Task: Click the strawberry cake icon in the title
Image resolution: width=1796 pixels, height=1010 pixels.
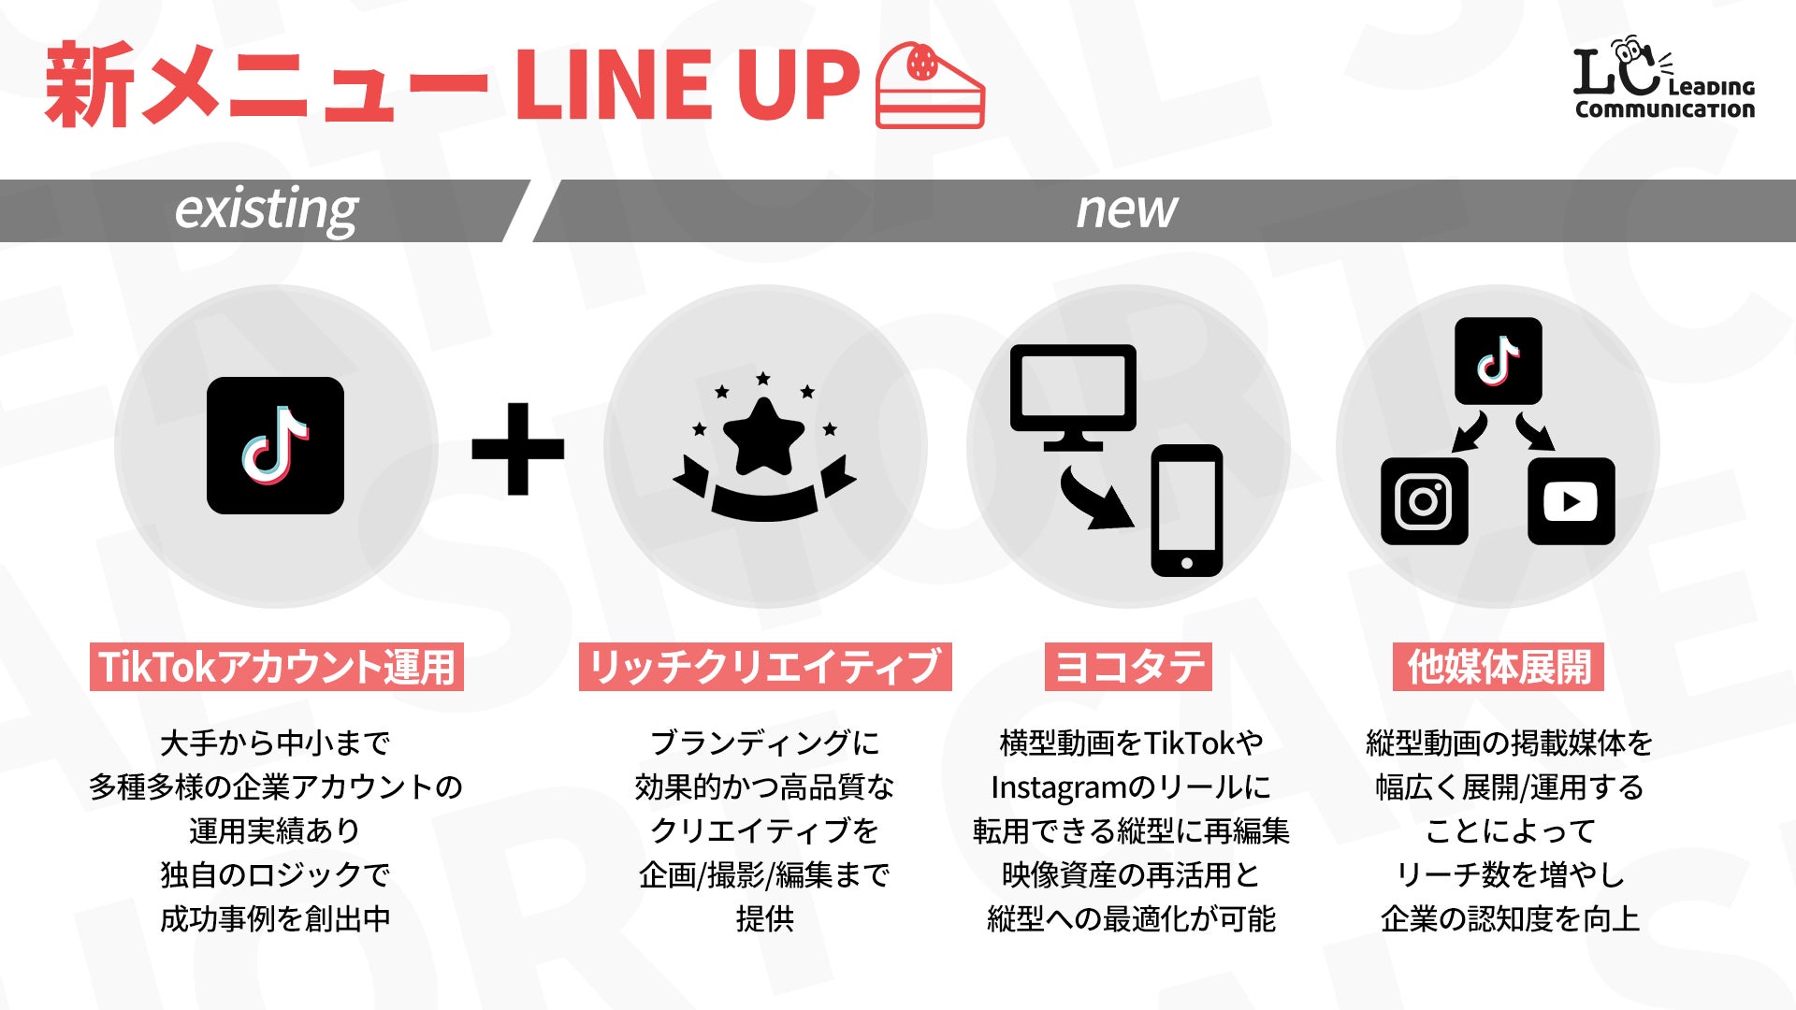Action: point(930,86)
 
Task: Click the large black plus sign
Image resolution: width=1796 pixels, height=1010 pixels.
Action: point(517,449)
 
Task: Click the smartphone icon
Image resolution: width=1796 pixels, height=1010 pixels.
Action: point(1186,511)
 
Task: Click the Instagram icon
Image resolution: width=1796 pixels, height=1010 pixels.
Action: point(1424,501)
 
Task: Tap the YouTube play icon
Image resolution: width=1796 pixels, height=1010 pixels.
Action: point(1571,501)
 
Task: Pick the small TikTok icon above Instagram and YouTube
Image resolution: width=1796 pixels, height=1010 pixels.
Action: point(1498,361)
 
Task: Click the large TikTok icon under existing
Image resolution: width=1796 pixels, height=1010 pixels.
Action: point(275,445)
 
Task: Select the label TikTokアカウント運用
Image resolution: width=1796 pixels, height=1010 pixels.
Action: point(277,667)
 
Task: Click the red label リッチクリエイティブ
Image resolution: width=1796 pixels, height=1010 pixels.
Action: point(765,667)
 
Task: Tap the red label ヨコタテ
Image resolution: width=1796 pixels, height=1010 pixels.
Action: point(1128,667)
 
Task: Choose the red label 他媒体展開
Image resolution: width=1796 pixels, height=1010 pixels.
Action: point(1499,667)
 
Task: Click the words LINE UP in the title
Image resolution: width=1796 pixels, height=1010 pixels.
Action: point(686,86)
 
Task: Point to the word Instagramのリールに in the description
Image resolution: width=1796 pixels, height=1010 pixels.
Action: point(1130,787)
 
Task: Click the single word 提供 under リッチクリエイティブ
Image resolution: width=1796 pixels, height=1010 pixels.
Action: point(764,918)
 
